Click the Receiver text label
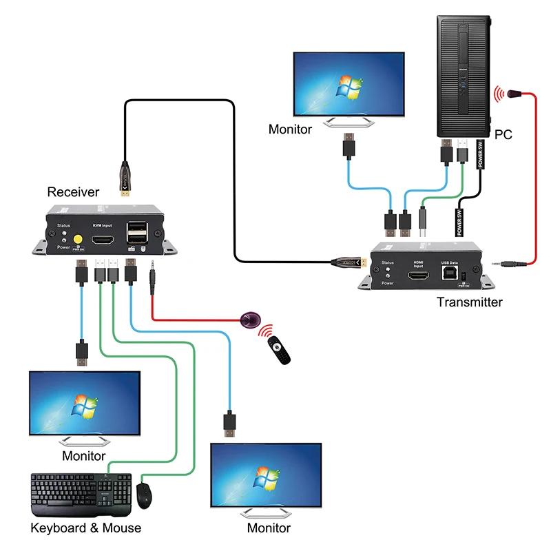pyautogui.click(x=73, y=191)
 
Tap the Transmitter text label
pyautogui.click(x=470, y=302)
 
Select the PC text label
pyautogui.click(x=503, y=135)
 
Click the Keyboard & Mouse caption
pyautogui.click(x=85, y=528)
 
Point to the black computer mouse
pyautogui.click(x=144, y=495)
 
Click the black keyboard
pyautogui.click(x=81, y=495)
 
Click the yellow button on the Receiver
pyautogui.click(x=78, y=240)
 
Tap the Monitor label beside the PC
pyautogui.click(x=290, y=129)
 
